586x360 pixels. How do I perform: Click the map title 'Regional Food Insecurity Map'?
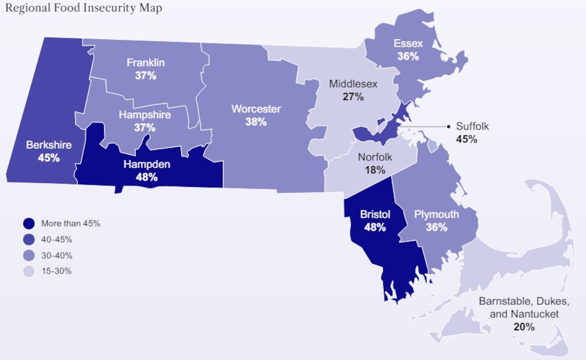(x=83, y=8)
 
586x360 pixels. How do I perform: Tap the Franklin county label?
(x=146, y=63)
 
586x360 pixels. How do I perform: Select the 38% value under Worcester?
(x=255, y=122)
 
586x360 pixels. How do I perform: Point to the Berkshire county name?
(x=49, y=145)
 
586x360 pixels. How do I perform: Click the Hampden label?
(x=146, y=164)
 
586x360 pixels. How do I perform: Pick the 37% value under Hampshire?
(x=145, y=128)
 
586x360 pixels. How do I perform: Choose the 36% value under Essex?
(x=408, y=56)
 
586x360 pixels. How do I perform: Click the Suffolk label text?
(x=472, y=126)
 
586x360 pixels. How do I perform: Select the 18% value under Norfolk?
(x=375, y=170)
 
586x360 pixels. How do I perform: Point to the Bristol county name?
(x=375, y=214)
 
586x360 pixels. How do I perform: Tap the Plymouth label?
(x=436, y=214)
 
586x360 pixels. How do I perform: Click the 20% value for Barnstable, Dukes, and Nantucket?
(x=524, y=327)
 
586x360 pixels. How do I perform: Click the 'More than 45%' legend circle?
(x=29, y=224)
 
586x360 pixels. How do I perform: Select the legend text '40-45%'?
(x=57, y=240)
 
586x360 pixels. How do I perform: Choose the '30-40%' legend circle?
(x=29, y=256)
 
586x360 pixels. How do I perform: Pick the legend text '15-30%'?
(x=57, y=271)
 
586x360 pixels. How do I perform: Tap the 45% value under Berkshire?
(x=49, y=158)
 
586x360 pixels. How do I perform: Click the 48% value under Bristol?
(x=375, y=227)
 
